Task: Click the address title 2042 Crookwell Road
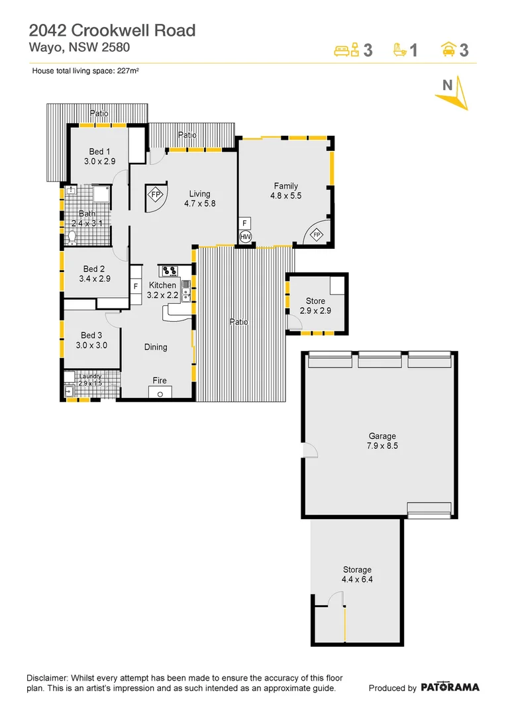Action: [x=112, y=30]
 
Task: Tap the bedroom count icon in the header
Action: [x=347, y=50]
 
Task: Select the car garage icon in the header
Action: [x=448, y=50]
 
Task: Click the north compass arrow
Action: [x=453, y=93]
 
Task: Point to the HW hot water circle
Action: [x=245, y=236]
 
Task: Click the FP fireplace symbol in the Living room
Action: [x=156, y=195]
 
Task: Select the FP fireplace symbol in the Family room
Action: [x=317, y=235]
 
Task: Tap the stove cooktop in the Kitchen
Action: [x=168, y=270]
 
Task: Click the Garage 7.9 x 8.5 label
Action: [x=382, y=441]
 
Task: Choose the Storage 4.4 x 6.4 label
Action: [x=356, y=574]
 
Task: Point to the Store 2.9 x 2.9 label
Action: [x=315, y=306]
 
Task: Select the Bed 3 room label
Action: [x=91, y=340]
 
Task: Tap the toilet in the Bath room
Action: [x=72, y=236]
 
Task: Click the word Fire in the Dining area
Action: [x=160, y=381]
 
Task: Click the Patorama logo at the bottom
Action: [x=450, y=687]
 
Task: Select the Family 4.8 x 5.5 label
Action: [x=285, y=191]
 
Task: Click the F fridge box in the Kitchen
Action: [x=136, y=286]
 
